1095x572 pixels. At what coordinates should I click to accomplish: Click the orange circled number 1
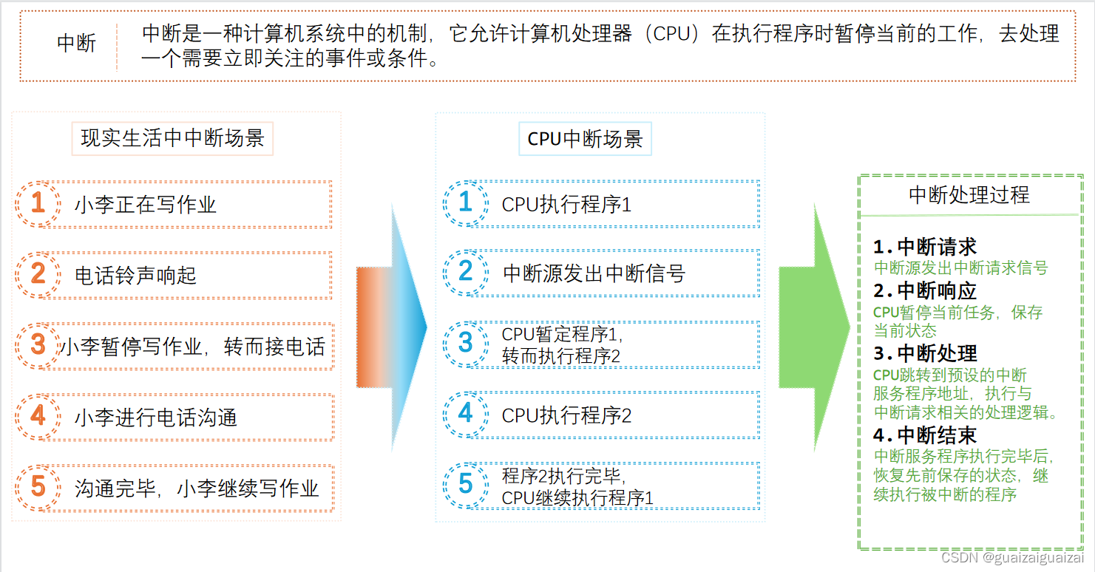tap(38, 202)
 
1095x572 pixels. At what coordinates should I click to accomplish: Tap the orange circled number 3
tap(38, 344)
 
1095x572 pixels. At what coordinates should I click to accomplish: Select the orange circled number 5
tap(38, 486)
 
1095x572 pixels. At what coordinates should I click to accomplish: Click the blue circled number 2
tap(465, 272)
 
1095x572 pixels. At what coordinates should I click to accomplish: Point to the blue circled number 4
tap(465, 413)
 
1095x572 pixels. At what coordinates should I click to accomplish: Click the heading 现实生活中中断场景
tap(172, 138)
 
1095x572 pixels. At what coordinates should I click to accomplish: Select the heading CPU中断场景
tap(585, 139)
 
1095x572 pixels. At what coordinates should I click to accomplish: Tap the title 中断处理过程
tap(969, 195)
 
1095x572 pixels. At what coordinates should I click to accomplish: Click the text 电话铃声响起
tap(135, 276)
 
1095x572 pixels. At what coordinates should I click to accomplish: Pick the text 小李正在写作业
tap(145, 205)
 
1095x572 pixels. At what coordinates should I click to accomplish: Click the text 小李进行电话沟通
tap(155, 418)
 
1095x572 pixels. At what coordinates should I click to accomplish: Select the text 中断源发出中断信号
tap(594, 273)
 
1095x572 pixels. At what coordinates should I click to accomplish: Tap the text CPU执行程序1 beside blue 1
tap(566, 204)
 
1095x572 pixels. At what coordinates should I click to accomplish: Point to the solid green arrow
tap(813, 327)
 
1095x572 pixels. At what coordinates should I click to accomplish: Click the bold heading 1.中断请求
tap(924, 247)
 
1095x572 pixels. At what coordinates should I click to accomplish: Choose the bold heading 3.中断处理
tap(925, 353)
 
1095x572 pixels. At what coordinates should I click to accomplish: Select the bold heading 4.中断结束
tap(924, 435)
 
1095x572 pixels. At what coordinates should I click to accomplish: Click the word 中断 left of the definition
tap(76, 43)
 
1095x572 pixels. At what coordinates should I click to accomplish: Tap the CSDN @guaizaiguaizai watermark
tap(1011, 558)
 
